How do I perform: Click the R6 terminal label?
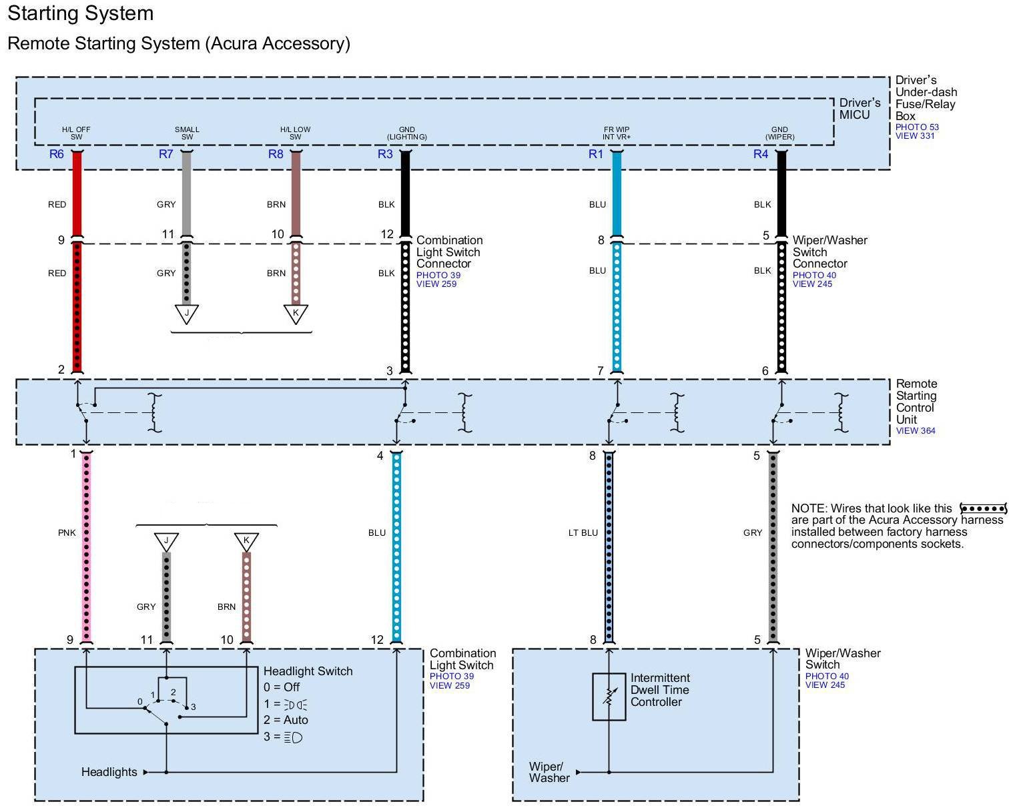click(x=57, y=154)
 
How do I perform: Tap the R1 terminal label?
click(x=595, y=154)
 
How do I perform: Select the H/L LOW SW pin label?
click(x=295, y=133)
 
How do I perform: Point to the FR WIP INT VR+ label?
click(x=617, y=133)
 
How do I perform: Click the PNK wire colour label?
click(x=67, y=532)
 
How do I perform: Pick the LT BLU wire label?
click(x=583, y=532)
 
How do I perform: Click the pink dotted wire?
click(x=87, y=547)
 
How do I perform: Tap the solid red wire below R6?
click(x=77, y=193)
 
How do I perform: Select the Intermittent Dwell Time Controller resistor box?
click(x=609, y=697)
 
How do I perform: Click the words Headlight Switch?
click(x=308, y=671)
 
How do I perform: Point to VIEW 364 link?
click(x=916, y=431)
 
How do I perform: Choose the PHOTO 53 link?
click(x=917, y=127)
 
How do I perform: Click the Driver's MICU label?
click(x=860, y=109)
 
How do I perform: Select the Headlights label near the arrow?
click(x=109, y=772)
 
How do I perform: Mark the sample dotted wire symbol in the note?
click(x=982, y=509)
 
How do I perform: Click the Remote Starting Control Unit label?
click(x=916, y=402)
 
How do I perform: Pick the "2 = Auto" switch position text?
click(x=286, y=720)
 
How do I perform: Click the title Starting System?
click(x=81, y=13)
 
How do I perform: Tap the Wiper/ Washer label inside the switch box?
click(x=549, y=772)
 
